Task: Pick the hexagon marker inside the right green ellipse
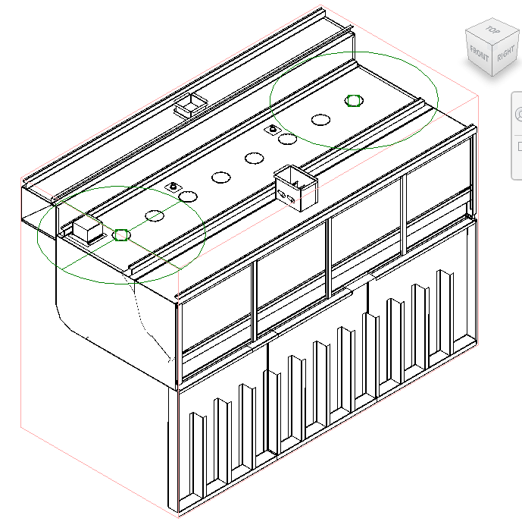coord(353,101)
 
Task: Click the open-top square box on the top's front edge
coord(296,187)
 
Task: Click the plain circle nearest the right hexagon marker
coord(320,119)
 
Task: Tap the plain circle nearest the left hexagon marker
coord(155,216)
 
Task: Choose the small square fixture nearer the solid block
coord(173,187)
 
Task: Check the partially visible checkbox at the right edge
coord(519,146)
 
